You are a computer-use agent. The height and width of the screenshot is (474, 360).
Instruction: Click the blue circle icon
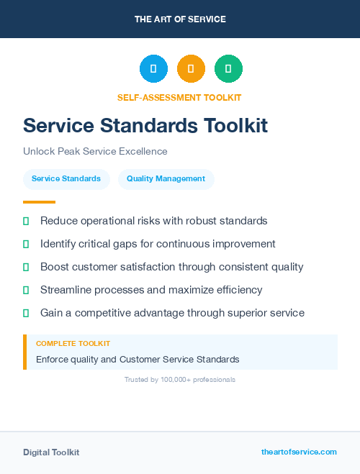tap(153, 69)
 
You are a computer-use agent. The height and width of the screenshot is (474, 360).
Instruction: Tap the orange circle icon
tap(191, 69)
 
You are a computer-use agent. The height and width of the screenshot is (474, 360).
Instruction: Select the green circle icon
tap(228, 69)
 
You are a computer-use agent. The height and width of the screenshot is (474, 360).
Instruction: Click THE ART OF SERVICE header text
tap(180, 19)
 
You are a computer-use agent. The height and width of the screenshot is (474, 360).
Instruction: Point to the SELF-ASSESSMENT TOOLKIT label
tap(179, 98)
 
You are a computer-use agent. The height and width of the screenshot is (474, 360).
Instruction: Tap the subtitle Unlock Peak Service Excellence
tap(95, 152)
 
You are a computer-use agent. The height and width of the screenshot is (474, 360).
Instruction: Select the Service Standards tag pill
tap(66, 179)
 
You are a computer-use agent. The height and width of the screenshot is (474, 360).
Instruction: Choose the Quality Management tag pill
tap(166, 179)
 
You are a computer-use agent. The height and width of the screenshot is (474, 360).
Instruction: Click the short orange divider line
tap(39, 202)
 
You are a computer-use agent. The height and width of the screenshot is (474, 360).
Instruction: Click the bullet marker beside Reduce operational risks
tap(26, 221)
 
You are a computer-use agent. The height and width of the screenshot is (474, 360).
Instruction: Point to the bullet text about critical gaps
tap(158, 244)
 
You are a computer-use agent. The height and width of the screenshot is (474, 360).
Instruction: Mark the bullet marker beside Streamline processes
tap(26, 290)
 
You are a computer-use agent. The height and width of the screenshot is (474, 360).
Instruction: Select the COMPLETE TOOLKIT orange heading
tap(73, 344)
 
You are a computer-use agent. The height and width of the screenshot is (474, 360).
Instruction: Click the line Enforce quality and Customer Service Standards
tap(138, 359)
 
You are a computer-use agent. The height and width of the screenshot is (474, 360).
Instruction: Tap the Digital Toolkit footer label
tap(51, 452)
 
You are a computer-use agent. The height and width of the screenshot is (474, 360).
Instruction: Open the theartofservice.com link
tap(299, 452)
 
